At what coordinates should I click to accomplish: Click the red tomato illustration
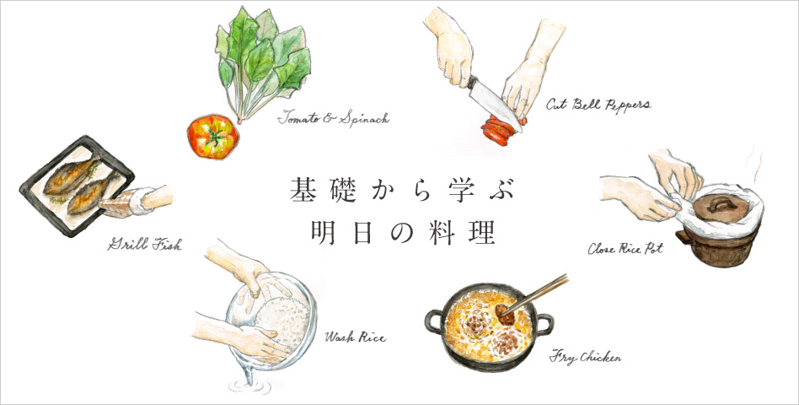(x=212, y=137)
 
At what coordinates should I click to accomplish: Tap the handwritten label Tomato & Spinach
(x=333, y=119)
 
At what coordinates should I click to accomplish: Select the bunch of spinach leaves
(x=262, y=64)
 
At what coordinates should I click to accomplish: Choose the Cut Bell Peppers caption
(x=598, y=105)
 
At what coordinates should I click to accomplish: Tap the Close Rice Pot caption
(x=625, y=248)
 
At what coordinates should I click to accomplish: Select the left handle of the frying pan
(x=434, y=321)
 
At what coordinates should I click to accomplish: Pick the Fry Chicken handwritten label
(x=585, y=357)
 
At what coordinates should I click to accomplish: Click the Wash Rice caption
(x=355, y=337)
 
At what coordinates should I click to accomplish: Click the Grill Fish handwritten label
(x=144, y=245)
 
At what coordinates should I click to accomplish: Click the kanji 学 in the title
(x=448, y=190)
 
